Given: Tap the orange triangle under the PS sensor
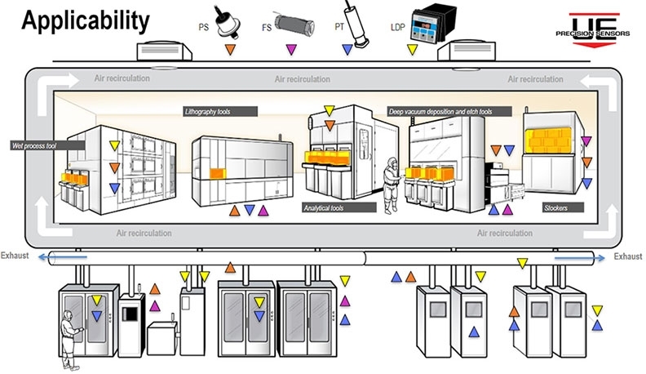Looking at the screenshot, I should coord(231,51).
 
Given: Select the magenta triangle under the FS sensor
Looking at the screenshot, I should coord(290,51).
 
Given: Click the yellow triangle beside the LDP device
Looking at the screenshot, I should coord(413,51).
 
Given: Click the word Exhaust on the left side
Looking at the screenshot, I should coord(15,256).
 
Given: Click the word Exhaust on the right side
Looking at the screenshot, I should coord(628,256).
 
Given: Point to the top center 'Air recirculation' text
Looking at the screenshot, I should coord(303,79).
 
